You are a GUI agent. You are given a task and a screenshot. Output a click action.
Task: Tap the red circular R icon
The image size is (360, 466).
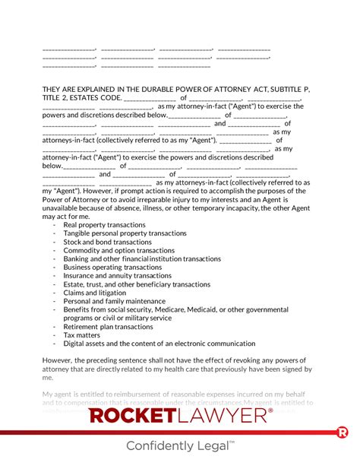[x=342, y=433]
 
